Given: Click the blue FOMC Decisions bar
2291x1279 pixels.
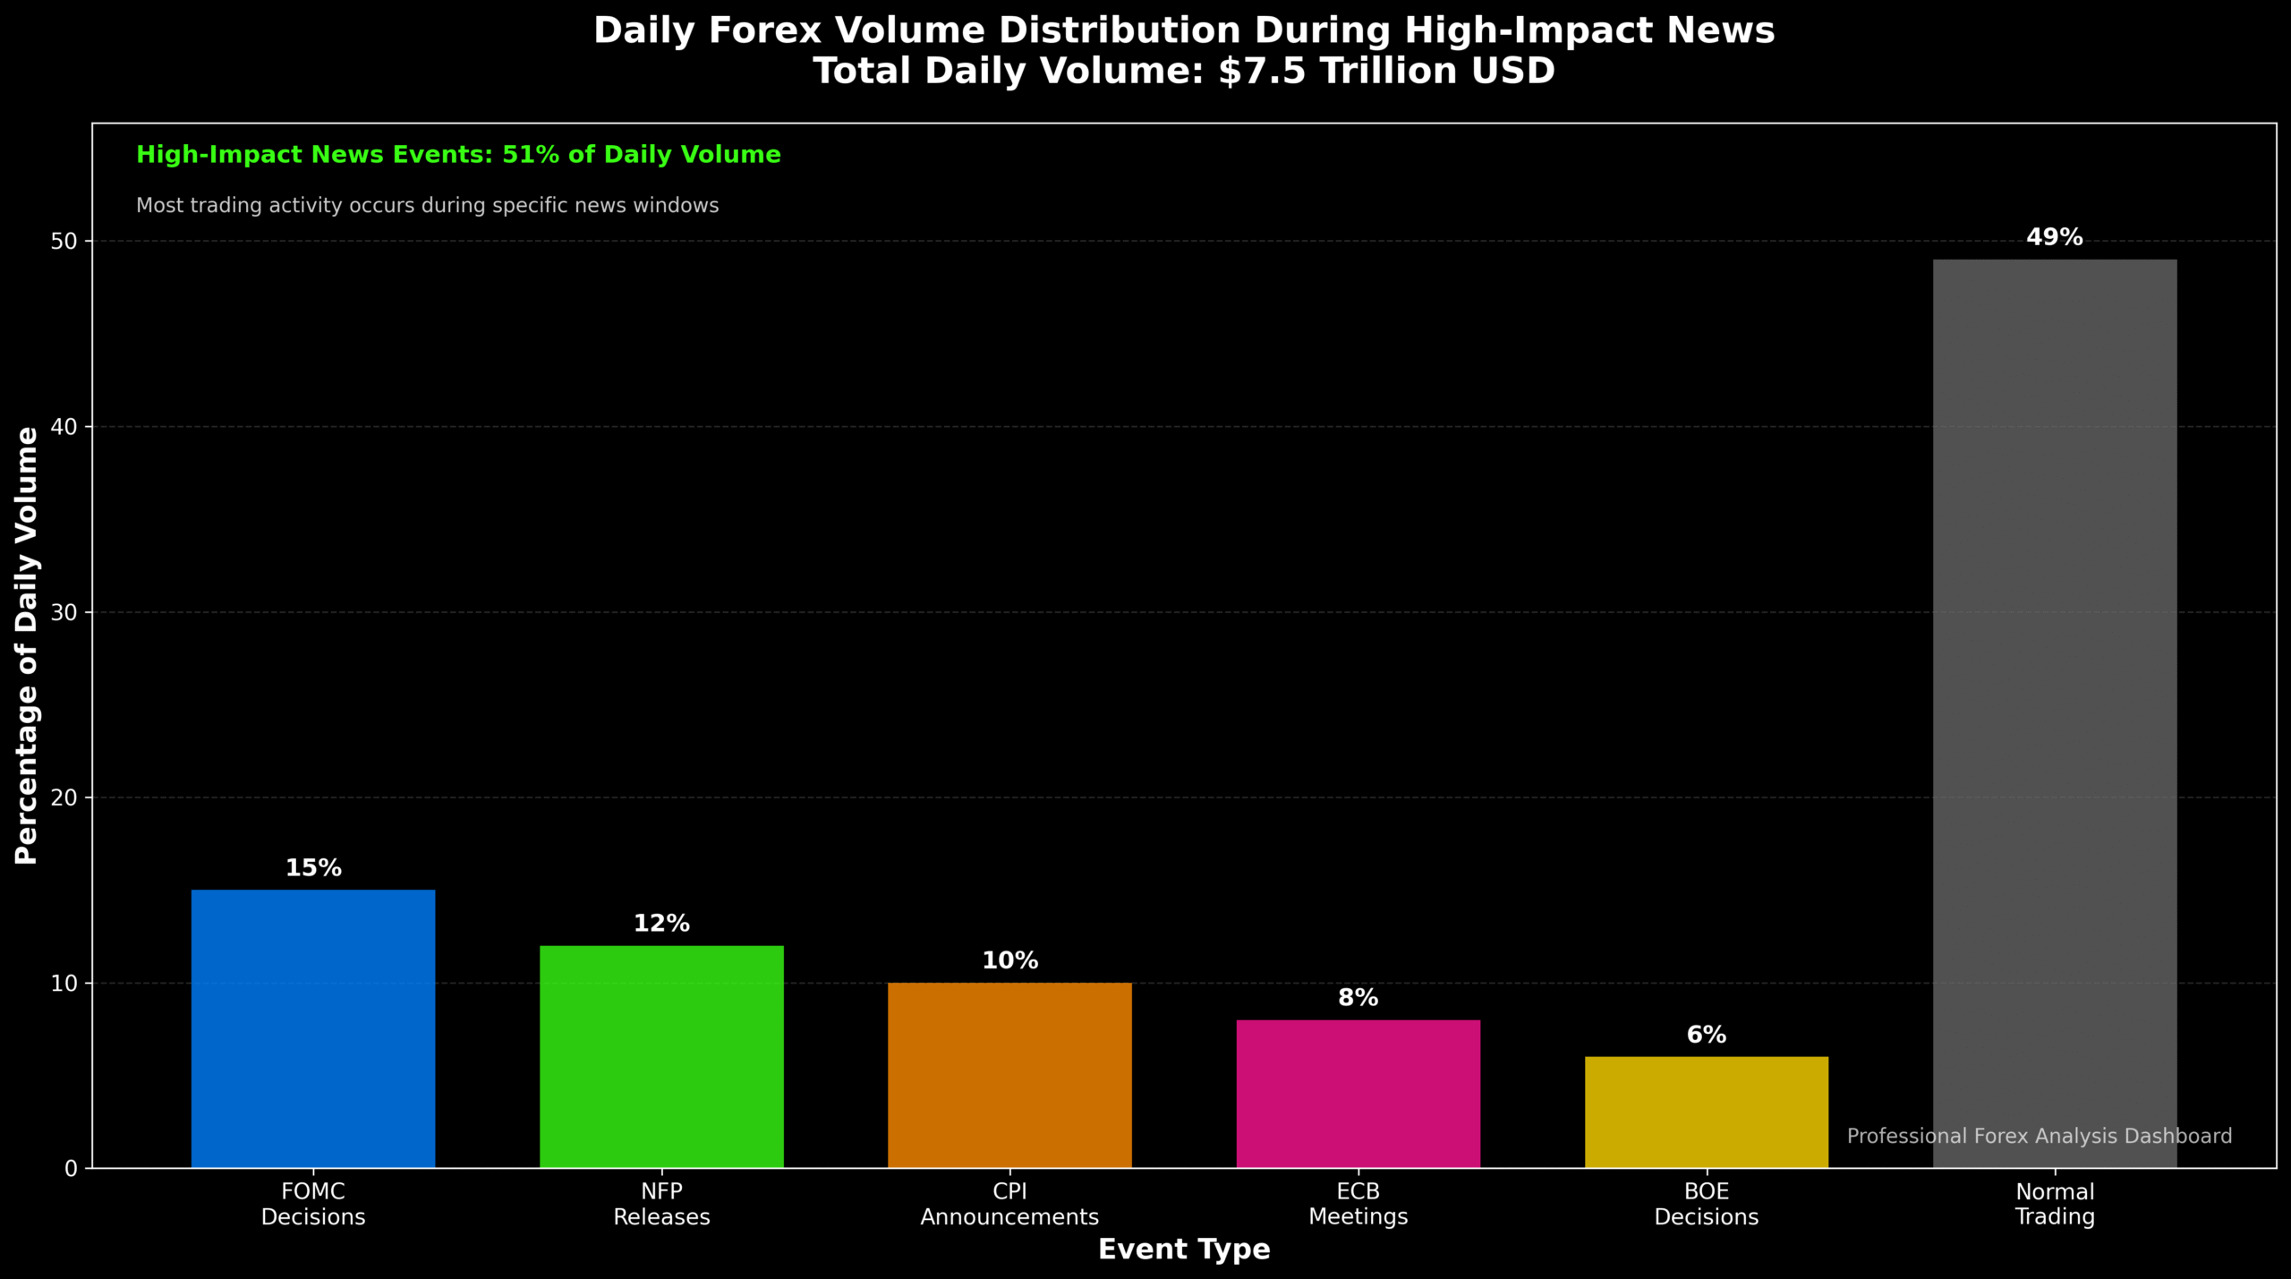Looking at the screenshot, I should (313, 1028).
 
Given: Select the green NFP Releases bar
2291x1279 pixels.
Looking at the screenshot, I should (661, 1056).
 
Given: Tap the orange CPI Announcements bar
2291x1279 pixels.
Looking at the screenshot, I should (1009, 1075).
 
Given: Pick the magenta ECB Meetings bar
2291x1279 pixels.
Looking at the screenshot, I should (1358, 1093).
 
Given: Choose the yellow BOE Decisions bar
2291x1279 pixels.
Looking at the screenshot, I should (1706, 1112).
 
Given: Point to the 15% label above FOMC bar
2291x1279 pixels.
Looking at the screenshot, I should (313, 868).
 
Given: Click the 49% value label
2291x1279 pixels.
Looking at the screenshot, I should (2055, 237).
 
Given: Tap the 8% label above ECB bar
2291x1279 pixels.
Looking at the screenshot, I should (1358, 998).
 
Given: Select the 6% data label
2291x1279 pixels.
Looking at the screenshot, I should (1706, 1035).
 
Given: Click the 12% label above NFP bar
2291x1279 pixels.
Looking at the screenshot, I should (661, 924).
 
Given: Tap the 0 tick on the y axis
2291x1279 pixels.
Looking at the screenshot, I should (72, 1169).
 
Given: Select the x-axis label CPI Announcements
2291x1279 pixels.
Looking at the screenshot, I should (1009, 1205).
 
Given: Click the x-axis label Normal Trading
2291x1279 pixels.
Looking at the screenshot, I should (2055, 1205).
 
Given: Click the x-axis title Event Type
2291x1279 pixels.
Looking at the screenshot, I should (1184, 1249).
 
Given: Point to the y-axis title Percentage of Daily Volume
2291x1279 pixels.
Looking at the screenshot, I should (27, 644).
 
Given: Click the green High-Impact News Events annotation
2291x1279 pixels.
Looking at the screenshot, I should (458, 155).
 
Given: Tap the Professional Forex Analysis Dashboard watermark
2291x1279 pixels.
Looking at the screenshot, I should (2040, 1137).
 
